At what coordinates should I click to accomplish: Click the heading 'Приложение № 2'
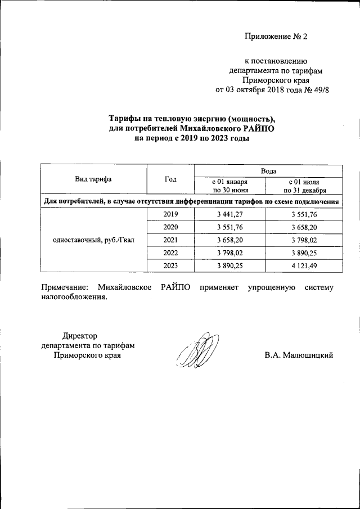click(276, 37)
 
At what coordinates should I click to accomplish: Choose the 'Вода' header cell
click(268, 170)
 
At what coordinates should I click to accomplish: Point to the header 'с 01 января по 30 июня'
click(229, 186)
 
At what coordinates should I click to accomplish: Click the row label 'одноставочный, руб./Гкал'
click(93, 240)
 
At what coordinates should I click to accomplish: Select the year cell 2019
click(170, 214)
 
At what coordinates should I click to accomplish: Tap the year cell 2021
click(170, 240)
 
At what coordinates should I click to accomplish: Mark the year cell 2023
click(170, 265)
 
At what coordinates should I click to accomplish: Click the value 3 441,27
click(229, 214)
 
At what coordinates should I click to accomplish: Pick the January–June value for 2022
click(229, 253)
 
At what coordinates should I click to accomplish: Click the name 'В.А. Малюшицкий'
click(299, 355)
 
